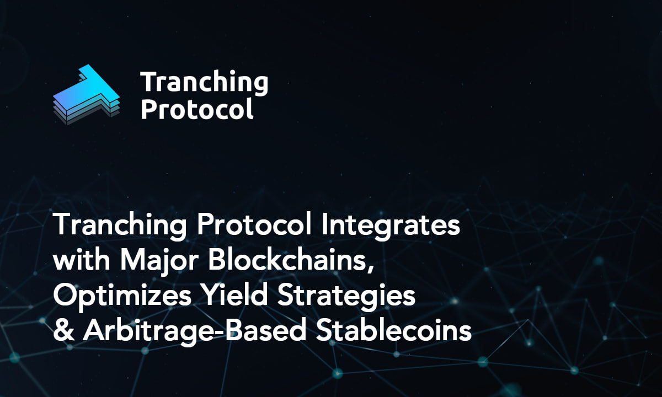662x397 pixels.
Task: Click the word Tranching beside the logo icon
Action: click(x=204, y=83)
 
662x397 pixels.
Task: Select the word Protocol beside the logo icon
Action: click(x=197, y=109)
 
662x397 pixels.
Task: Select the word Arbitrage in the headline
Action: click(x=145, y=331)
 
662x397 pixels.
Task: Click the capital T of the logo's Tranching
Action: click(x=150, y=83)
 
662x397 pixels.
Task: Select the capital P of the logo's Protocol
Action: click(x=148, y=109)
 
